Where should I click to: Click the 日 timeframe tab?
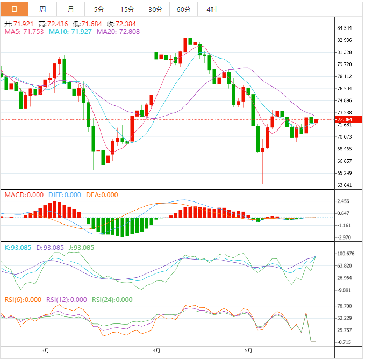14,10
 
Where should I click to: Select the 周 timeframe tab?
42,10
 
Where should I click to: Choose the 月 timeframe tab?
71,10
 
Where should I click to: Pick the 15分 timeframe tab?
127,10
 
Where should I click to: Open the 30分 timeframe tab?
155,10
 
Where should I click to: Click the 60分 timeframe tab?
183,10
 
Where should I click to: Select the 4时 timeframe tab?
211,10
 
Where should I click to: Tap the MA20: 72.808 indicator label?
118,32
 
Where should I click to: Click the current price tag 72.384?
344,119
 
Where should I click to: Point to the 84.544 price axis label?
344,28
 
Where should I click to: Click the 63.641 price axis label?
344,185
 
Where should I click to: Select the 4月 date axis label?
155,351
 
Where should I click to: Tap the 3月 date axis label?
46,351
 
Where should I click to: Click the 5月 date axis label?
248,351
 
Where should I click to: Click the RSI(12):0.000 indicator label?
66,300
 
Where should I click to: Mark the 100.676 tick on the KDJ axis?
344,254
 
